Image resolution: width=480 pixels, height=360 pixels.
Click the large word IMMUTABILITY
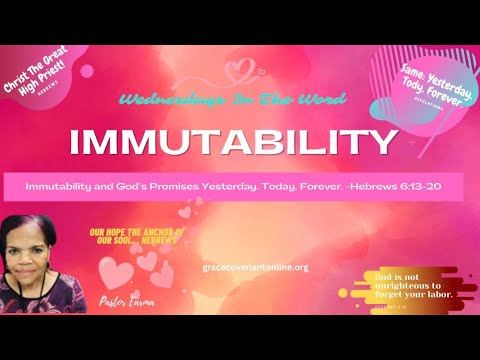pyautogui.click(x=232, y=142)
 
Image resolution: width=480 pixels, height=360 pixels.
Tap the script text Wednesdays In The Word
pyautogui.click(x=233, y=100)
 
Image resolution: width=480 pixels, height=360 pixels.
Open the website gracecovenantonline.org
pyautogui.click(x=254, y=267)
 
